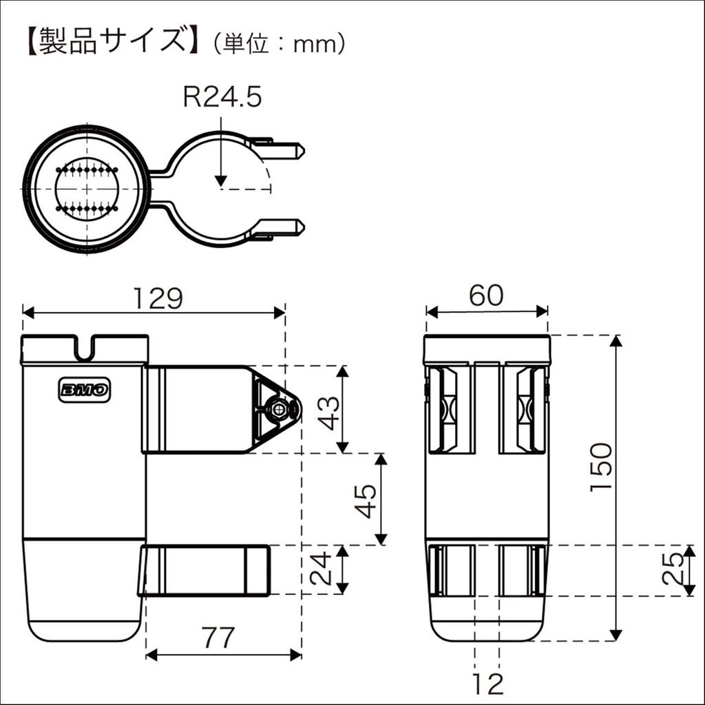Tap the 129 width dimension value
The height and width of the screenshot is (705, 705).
pos(158,298)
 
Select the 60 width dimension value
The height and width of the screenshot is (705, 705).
pos(486,295)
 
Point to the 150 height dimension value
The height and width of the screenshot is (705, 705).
pos(600,467)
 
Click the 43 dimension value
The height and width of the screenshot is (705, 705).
pos(330,410)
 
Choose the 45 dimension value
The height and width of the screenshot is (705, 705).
pos(366,500)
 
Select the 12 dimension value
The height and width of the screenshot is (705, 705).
pos(487,684)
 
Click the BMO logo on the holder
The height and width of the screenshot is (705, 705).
pos(84,390)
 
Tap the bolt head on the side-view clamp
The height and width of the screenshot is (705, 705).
pos(279,410)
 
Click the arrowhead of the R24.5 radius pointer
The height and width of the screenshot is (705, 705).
pos(220,180)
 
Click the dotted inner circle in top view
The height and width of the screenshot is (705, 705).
pos(87,189)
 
